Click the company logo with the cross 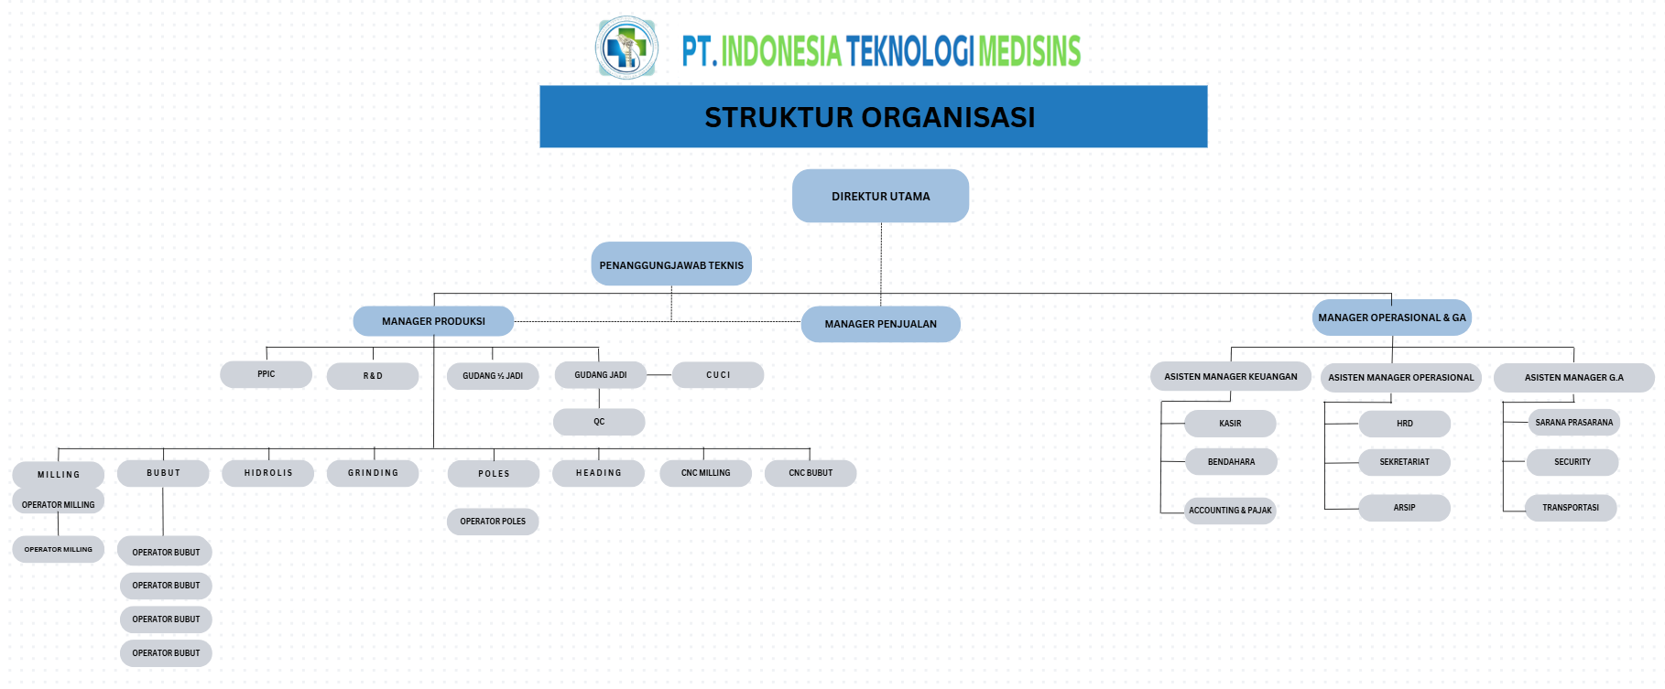tap(626, 48)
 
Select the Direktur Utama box tap(880, 196)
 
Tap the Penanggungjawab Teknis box tap(671, 264)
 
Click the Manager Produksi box tap(433, 321)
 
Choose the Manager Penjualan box tap(880, 324)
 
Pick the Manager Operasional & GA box tap(1391, 318)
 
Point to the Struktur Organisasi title tap(870, 117)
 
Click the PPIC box tap(266, 374)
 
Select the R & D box tap(373, 376)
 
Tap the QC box tap(599, 422)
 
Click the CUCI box tap(718, 375)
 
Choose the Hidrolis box tap(268, 473)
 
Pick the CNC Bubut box tap(811, 473)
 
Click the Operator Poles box tap(493, 522)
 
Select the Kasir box tap(1230, 424)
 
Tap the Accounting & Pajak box tap(1230, 511)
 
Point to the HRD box tap(1404, 424)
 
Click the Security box tap(1572, 462)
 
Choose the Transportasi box tap(1570, 508)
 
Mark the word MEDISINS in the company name tap(1029, 51)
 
